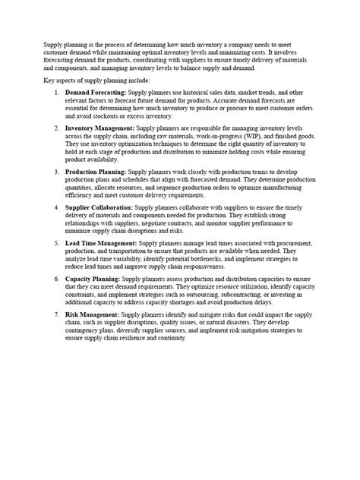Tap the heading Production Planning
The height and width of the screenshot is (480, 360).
(x=96, y=172)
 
